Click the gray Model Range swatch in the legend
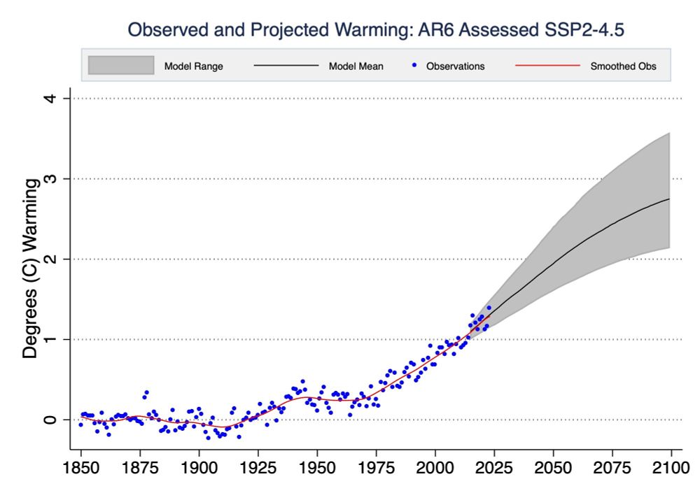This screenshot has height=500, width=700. pos(121,66)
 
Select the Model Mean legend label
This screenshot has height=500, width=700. pos(356,66)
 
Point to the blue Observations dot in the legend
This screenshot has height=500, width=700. pos(414,66)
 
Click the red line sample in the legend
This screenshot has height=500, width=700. pos(547,66)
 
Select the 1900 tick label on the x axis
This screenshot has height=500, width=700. pos(199,466)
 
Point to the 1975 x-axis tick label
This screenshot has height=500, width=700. pos(377,466)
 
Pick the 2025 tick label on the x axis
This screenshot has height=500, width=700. pos(494,466)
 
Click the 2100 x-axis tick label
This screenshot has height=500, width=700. pos(671,466)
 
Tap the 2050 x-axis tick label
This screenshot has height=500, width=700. pos(553,466)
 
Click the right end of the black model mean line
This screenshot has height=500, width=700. pos(670,199)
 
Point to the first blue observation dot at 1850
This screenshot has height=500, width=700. pos(81,424)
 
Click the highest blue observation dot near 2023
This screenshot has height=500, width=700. pos(489,308)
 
